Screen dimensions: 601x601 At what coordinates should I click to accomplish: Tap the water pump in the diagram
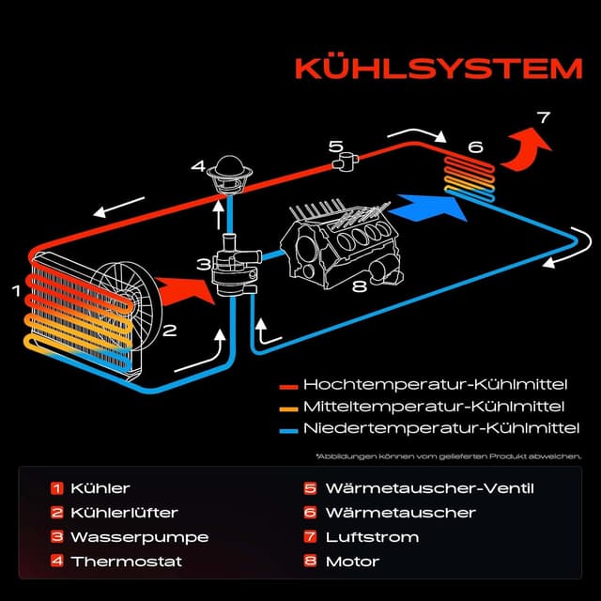coord(228,269)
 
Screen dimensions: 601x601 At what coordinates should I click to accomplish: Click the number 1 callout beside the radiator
coord(15,291)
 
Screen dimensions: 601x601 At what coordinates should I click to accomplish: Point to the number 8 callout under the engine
coord(358,286)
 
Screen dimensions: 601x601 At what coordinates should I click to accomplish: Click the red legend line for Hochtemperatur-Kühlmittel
coord(288,385)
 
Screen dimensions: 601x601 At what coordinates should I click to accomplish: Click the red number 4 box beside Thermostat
coord(57,562)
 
